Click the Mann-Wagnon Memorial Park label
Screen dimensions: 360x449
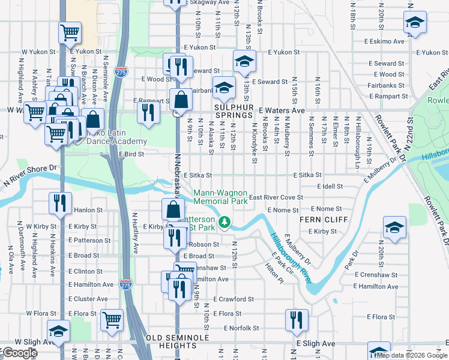220,197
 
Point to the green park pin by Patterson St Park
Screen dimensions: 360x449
224,223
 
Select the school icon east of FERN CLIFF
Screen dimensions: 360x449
394,228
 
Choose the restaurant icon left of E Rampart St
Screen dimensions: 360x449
147,112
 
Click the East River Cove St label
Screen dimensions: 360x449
276,197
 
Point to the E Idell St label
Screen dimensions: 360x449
328,187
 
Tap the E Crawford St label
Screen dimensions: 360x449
234,299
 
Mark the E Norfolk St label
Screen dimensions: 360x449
241,328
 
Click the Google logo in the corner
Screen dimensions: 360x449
19,353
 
